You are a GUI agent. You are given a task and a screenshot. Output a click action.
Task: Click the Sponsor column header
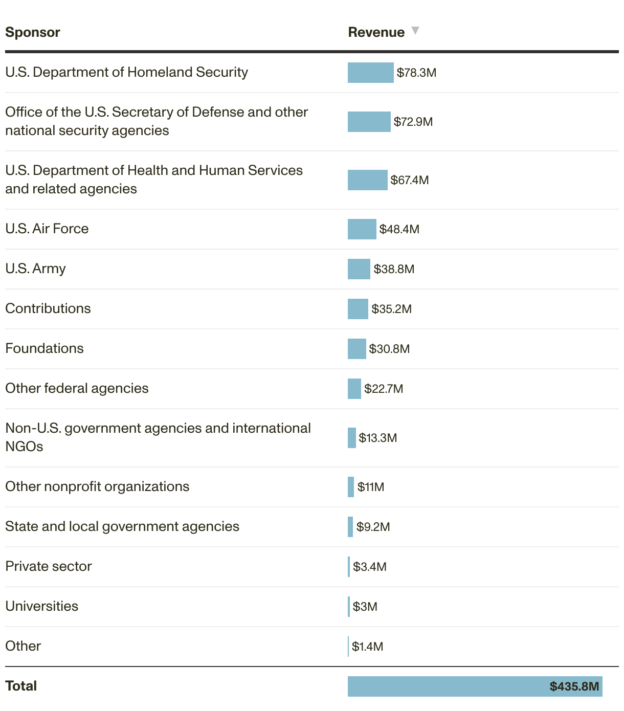coord(33,32)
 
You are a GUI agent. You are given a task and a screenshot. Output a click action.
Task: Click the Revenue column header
coord(376,32)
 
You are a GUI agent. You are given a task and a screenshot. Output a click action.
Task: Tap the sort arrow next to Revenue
coord(415,31)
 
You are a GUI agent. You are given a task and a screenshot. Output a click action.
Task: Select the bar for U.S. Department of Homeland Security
coord(370,73)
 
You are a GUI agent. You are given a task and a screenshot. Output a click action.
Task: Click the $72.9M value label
coord(413,122)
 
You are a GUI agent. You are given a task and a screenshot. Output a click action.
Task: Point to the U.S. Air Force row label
coord(47,229)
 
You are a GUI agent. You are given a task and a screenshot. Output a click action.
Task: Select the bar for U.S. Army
coord(359,269)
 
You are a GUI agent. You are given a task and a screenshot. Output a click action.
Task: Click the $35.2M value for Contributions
coord(391,309)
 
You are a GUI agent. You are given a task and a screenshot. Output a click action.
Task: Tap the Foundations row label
coord(44,348)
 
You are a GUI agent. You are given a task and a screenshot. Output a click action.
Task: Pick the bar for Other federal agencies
coord(354,389)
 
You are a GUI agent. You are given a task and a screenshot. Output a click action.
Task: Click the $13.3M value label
coord(377,438)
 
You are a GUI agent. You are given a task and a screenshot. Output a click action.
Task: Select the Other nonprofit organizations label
coord(97,486)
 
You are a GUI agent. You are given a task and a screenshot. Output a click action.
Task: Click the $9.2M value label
coord(373,527)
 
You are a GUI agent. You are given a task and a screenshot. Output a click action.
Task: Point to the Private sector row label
coord(49,566)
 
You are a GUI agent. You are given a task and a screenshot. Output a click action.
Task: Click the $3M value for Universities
coord(365,607)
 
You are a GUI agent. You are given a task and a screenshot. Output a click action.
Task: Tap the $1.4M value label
coord(367,647)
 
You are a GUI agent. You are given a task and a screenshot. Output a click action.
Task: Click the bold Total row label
coord(21,686)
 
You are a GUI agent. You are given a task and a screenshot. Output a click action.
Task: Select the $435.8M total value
coord(574,686)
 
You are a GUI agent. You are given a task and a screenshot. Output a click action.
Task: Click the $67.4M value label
coord(409,180)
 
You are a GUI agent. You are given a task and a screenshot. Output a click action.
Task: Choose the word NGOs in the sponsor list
coord(24,447)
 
